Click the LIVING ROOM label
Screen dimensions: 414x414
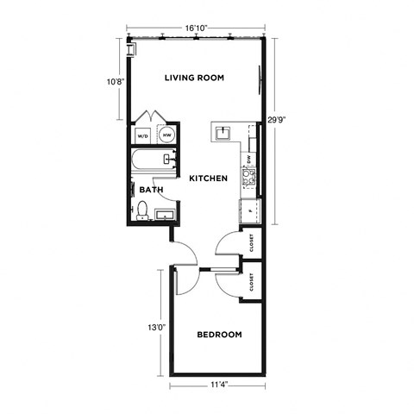[194, 78]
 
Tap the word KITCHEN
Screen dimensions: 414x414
[208, 179]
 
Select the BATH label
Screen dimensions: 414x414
[151, 190]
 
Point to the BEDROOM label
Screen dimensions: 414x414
[219, 335]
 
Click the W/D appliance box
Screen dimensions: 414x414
[142, 135]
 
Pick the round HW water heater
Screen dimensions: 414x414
[167, 135]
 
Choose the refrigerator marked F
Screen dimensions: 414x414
[251, 210]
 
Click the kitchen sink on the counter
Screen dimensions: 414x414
[223, 132]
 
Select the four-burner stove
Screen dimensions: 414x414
[250, 179]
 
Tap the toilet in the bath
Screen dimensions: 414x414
[141, 209]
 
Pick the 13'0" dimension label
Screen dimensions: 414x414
[154, 328]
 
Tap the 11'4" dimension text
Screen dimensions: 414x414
[219, 386]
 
